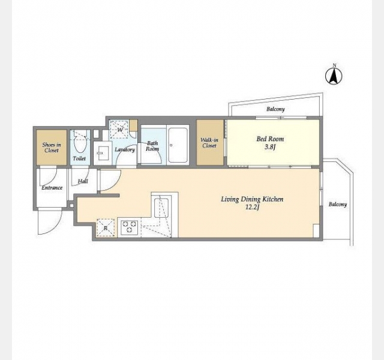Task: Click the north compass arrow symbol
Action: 334,76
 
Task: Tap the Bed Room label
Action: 270,139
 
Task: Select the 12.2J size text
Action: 252,208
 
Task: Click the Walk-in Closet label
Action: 209,143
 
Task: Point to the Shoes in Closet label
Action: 52,148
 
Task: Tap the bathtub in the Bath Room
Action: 178,145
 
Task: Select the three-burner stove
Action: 130,227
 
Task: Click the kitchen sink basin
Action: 161,208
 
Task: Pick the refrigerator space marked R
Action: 106,228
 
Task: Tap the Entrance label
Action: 52,188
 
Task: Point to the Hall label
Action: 83,181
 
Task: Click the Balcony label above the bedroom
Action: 275,109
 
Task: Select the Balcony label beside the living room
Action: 338,204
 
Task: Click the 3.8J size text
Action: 270,147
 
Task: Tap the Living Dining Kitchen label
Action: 252,199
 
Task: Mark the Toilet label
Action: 79,158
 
